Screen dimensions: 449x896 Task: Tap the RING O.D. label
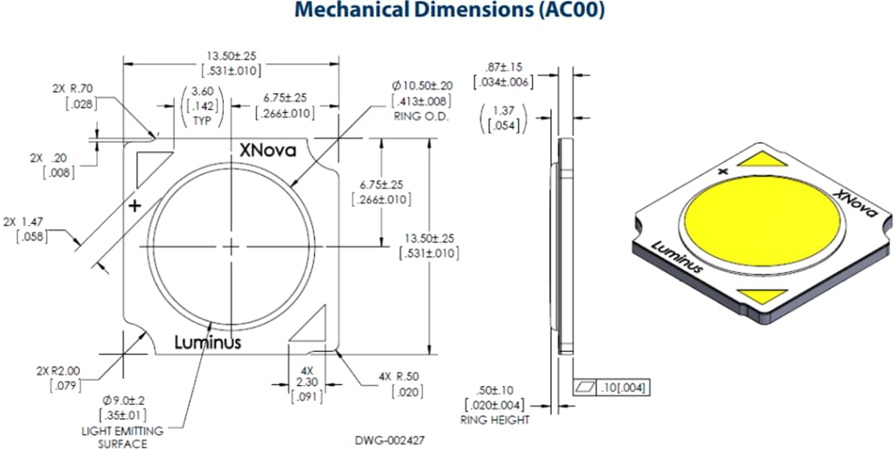(x=421, y=117)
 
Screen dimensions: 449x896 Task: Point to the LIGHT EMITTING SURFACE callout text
(x=122, y=437)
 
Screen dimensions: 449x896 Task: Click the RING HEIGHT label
(x=495, y=420)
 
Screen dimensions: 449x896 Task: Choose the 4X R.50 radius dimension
(x=403, y=384)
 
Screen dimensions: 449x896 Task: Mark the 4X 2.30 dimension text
(x=306, y=383)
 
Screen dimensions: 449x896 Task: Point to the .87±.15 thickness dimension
(x=501, y=74)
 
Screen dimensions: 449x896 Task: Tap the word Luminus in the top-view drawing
(x=207, y=342)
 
